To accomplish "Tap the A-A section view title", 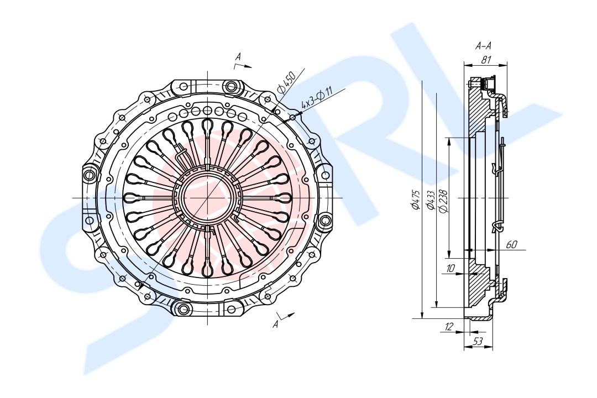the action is pos(483,46).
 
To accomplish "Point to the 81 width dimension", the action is pos(486,60).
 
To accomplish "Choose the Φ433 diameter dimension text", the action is pos(431,200).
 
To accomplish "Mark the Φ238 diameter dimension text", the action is pos(443,200).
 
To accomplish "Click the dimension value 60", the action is pos(511,244).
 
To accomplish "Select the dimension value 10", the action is pos(451,268).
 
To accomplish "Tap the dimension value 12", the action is pos(449,327).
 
